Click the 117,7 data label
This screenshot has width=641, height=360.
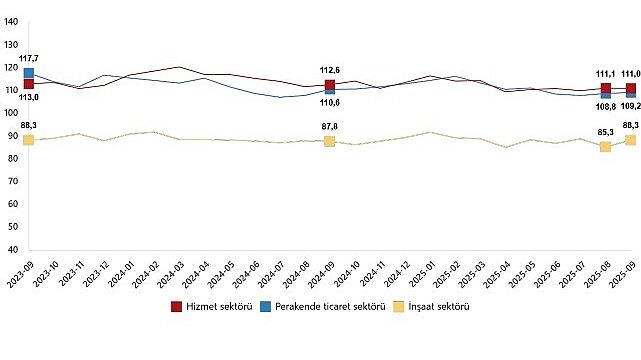[x=29, y=59]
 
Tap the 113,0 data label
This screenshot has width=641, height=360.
[x=29, y=97]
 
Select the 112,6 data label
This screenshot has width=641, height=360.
[x=329, y=70]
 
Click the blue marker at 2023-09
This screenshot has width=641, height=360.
[x=29, y=73]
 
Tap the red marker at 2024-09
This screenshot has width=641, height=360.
[x=329, y=85]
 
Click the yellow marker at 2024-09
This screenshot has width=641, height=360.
[x=329, y=141]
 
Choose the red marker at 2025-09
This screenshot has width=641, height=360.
[x=630, y=89]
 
